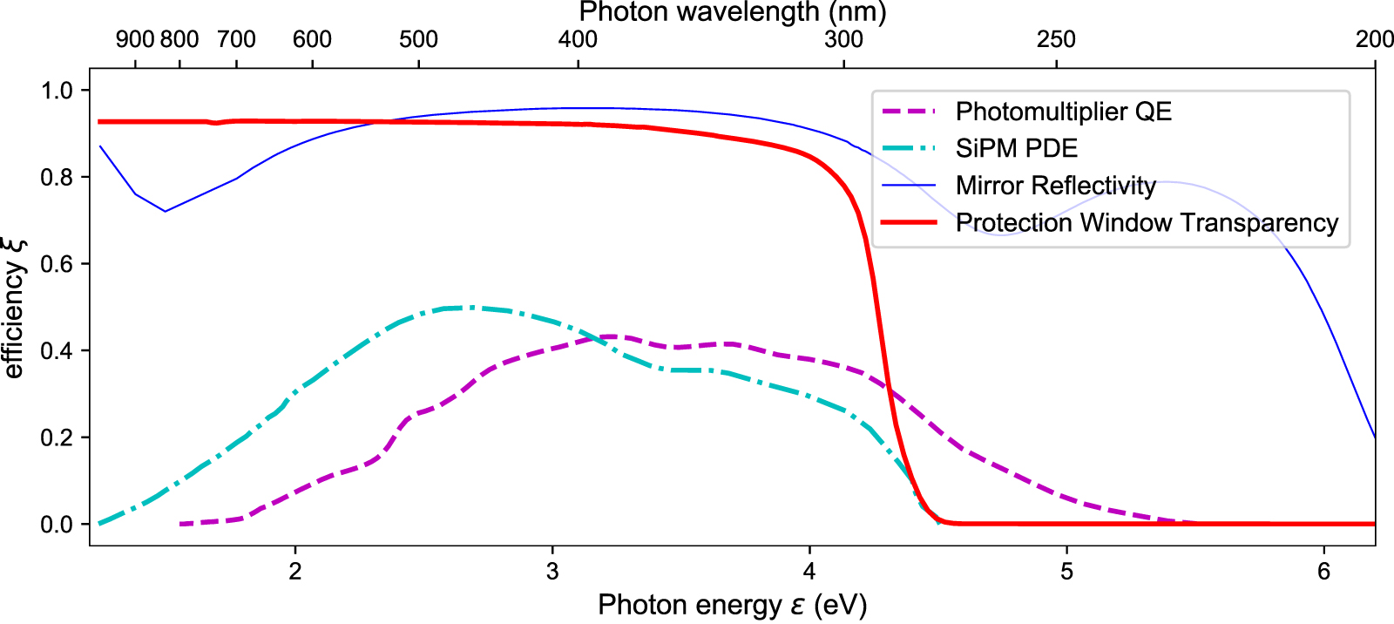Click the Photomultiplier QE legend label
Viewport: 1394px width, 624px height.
[x=1063, y=112]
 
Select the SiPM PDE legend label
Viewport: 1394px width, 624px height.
[x=1016, y=148]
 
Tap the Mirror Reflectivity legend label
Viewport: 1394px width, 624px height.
[x=1055, y=186]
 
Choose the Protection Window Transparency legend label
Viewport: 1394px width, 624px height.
[x=1147, y=223]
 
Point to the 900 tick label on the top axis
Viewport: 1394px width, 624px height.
[x=135, y=39]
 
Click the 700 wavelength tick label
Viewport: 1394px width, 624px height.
[x=236, y=39]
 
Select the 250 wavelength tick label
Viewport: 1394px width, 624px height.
[x=1056, y=39]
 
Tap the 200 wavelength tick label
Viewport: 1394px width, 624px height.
[x=1374, y=39]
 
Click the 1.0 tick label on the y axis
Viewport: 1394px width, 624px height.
[x=58, y=91]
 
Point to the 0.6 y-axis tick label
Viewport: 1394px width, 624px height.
[x=58, y=264]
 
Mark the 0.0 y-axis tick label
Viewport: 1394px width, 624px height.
[x=58, y=525]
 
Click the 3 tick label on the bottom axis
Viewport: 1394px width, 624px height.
[x=552, y=572]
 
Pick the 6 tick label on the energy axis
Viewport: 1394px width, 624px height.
[x=1324, y=572]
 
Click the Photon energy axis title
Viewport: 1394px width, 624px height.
[x=732, y=605]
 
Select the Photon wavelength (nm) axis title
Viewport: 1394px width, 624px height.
[x=732, y=12]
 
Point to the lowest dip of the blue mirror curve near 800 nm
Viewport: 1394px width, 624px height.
[x=165, y=211]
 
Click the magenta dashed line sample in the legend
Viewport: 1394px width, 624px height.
[x=909, y=112]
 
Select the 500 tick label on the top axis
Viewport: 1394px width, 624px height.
[x=418, y=39]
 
